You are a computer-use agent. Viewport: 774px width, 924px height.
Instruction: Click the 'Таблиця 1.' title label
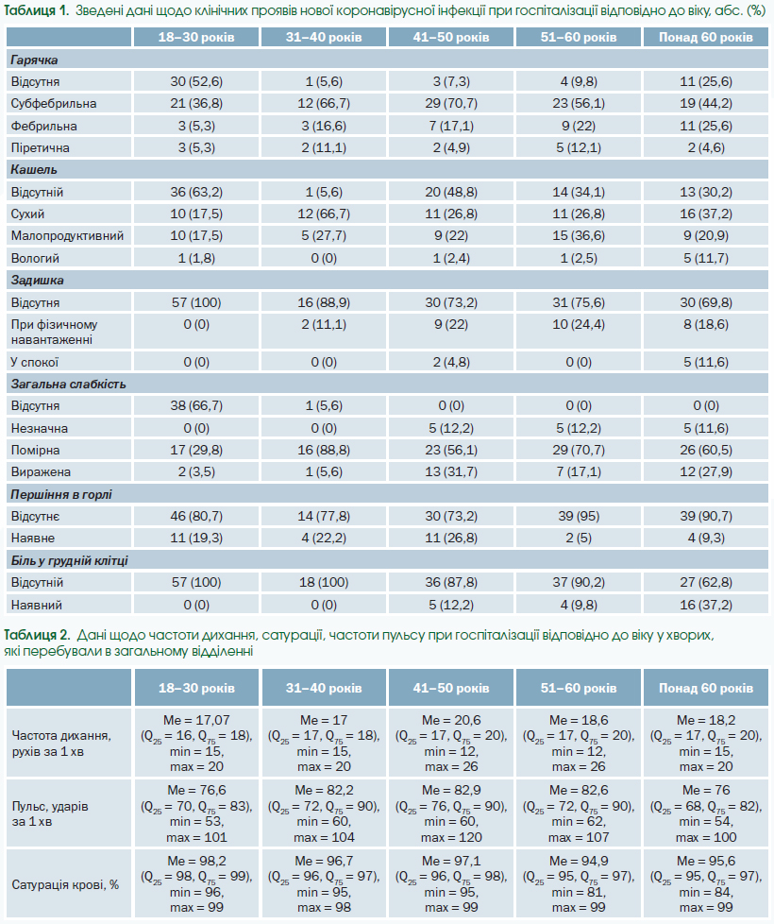[36, 10]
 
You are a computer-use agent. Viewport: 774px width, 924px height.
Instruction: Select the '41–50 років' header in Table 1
[451, 37]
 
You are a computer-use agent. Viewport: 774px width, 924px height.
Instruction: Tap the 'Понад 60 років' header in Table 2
[706, 688]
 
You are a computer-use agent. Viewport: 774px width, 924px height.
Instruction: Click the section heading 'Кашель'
[34, 170]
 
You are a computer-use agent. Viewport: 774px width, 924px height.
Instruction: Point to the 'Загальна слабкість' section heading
[68, 385]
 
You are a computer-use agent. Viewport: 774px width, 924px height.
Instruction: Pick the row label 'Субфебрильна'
[54, 104]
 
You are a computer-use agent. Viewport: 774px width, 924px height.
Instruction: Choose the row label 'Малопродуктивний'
[67, 235]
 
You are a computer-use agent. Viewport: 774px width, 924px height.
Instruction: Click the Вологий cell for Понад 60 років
[706, 258]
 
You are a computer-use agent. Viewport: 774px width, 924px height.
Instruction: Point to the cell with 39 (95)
[579, 516]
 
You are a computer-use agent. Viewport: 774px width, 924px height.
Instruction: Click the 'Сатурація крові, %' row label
[65, 884]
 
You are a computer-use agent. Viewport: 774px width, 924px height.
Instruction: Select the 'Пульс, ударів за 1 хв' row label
[50, 813]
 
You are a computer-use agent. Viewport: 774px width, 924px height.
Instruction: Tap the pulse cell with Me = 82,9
[451, 813]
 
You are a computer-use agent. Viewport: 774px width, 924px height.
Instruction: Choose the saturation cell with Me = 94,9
[579, 884]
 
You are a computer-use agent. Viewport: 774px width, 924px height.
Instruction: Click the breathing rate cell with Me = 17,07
[196, 743]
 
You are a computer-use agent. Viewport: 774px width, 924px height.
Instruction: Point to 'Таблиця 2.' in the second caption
[37, 635]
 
